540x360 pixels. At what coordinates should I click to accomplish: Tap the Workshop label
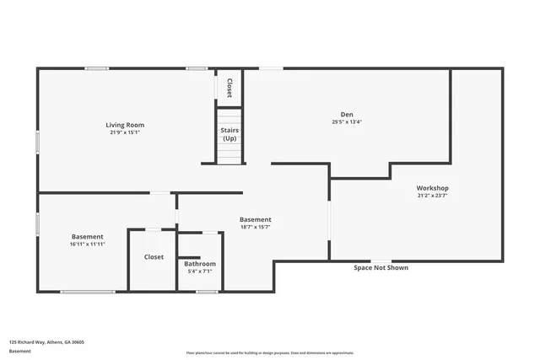point(432,187)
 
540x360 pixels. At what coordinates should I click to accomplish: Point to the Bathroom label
point(200,264)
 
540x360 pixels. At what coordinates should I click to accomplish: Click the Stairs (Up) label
point(229,134)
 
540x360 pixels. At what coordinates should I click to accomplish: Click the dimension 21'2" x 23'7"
point(432,195)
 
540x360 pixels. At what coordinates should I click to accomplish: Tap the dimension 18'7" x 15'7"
point(255,227)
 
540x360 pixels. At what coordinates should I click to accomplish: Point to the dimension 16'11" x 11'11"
point(88,244)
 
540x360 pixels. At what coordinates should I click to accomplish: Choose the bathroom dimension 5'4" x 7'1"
point(200,271)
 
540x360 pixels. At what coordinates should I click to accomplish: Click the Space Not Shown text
point(381,268)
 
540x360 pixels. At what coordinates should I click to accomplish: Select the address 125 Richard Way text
point(46,342)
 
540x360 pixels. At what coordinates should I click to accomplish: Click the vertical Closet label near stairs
point(229,87)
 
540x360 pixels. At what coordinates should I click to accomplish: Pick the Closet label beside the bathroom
point(154,256)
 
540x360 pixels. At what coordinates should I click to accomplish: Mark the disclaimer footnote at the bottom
point(270,353)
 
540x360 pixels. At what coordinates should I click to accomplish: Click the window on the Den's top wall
point(271,68)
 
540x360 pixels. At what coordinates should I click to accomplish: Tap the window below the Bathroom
point(207,292)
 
